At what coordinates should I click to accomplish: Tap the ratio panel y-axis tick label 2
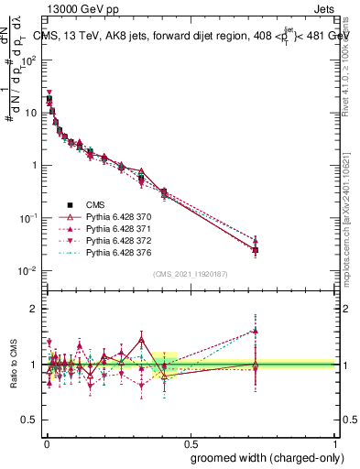[33, 309]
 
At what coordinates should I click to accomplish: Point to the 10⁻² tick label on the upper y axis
[28, 271]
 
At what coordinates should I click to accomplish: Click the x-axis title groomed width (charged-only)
[262, 456]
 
